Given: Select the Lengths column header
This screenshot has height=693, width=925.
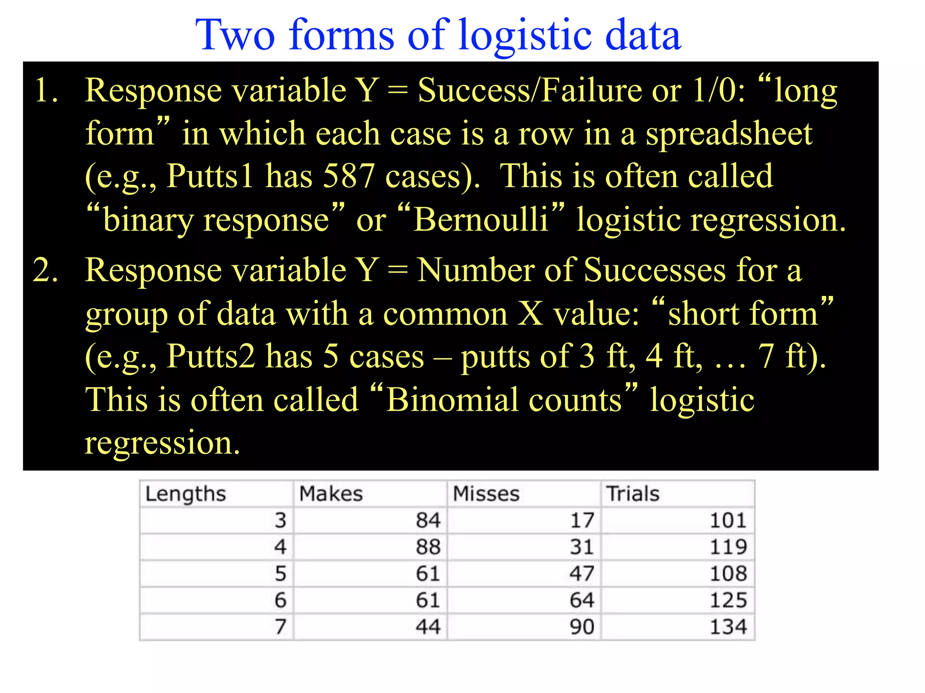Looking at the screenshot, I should (186, 494).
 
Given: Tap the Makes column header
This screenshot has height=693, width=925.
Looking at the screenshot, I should (331, 494).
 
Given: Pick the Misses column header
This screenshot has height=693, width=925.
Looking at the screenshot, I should (486, 494).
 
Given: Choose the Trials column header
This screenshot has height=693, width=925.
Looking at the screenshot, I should (632, 494).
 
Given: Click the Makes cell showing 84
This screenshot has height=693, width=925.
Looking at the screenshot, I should (428, 520).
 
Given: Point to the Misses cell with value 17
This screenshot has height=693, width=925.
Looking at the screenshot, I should (582, 520).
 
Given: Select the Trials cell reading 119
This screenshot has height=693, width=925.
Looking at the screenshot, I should (728, 547).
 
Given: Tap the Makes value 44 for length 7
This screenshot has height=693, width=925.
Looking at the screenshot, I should (428, 627).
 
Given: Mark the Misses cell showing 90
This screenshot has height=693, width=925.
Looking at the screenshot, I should (582, 627).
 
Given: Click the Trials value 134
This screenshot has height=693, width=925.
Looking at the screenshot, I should (728, 627).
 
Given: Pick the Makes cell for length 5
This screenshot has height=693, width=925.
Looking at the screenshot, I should (428, 573).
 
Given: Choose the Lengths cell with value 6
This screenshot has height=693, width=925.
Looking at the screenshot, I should (280, 600).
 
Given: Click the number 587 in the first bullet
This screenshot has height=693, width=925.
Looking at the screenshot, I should (349, 176).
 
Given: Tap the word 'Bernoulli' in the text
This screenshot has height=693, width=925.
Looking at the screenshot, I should (481, 220).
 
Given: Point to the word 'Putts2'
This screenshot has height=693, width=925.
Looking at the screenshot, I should (210, 356).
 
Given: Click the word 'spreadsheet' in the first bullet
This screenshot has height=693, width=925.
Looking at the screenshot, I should (729, 134).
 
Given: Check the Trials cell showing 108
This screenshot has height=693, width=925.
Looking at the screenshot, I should (728, 573).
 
